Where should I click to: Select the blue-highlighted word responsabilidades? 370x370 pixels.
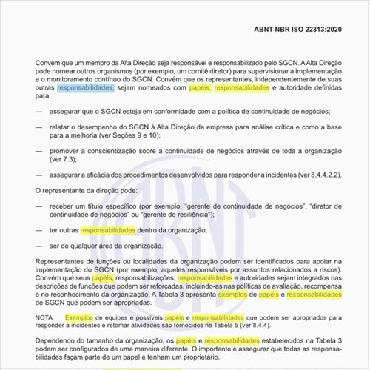click(x=85, y=87)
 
